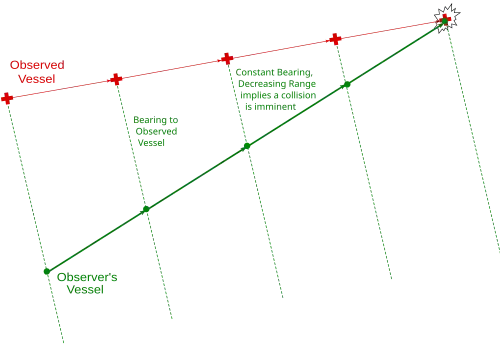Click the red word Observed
click(x=37, y=65)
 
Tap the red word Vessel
click(x=37, y=79)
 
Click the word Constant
click(x=255, y=72)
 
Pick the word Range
click(x=302, y=84)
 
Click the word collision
click(x=299, y=95)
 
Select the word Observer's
click(x=87, y=277)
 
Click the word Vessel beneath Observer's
click(x=85, y=290)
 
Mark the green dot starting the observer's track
click(x=47, y=271)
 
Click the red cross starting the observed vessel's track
click(x=7, y=98)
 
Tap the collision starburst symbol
click(x=447, y=18)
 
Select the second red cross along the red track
click(x=116, y=79)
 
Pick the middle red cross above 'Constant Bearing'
click(x=227, y=59)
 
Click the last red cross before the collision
click(x=335, y=39)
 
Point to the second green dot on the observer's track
click(x=146, y=209)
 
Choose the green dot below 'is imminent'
click(x=247, y=146)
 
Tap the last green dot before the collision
click(x=347, y=84)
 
